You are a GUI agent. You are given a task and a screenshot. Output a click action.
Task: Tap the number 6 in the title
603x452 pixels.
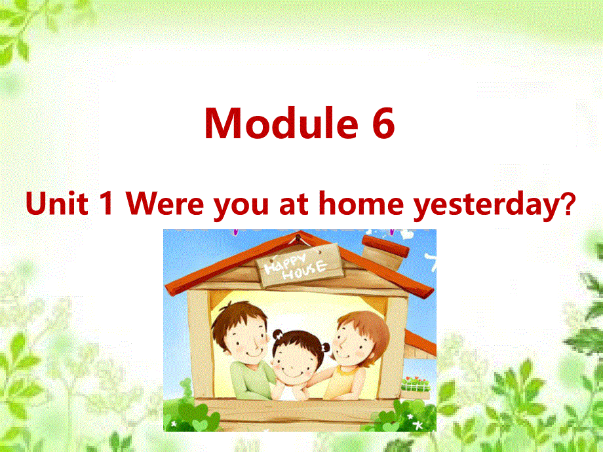point(383,123)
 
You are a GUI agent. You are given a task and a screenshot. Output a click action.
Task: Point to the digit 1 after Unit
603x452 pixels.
point(107,205)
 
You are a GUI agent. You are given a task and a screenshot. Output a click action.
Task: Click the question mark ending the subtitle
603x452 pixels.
point(568,205)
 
